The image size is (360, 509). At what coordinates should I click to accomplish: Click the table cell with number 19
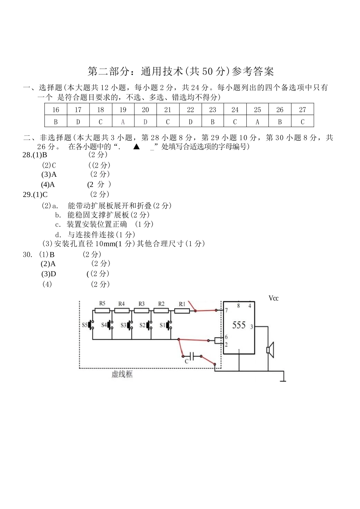[x=123, y=109]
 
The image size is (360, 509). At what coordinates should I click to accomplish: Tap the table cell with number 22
[x=191, y=109]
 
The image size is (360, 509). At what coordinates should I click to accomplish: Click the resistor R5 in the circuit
[x=102, y=311]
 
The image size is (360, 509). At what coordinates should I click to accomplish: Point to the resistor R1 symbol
[x=182, y=311]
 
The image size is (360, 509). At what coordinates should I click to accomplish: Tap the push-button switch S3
[x=130, y=325]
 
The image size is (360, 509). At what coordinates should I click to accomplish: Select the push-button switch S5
[x=91, y=325]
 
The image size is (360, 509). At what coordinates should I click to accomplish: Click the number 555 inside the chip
[x=239, y=325]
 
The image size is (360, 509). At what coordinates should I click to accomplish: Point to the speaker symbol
[x=270, y=350]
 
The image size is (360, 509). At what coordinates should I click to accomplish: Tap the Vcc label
[x=274, y=298]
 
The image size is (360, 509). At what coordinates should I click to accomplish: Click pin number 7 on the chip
[x=226, y=310]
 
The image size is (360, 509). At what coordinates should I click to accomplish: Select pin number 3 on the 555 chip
[x=252, y=327]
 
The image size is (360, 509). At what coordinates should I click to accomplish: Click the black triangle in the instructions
[x=136, y=147]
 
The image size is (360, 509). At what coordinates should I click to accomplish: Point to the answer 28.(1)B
[x=35, y=155]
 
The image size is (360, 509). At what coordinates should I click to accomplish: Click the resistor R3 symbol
[x=141, y=311]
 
